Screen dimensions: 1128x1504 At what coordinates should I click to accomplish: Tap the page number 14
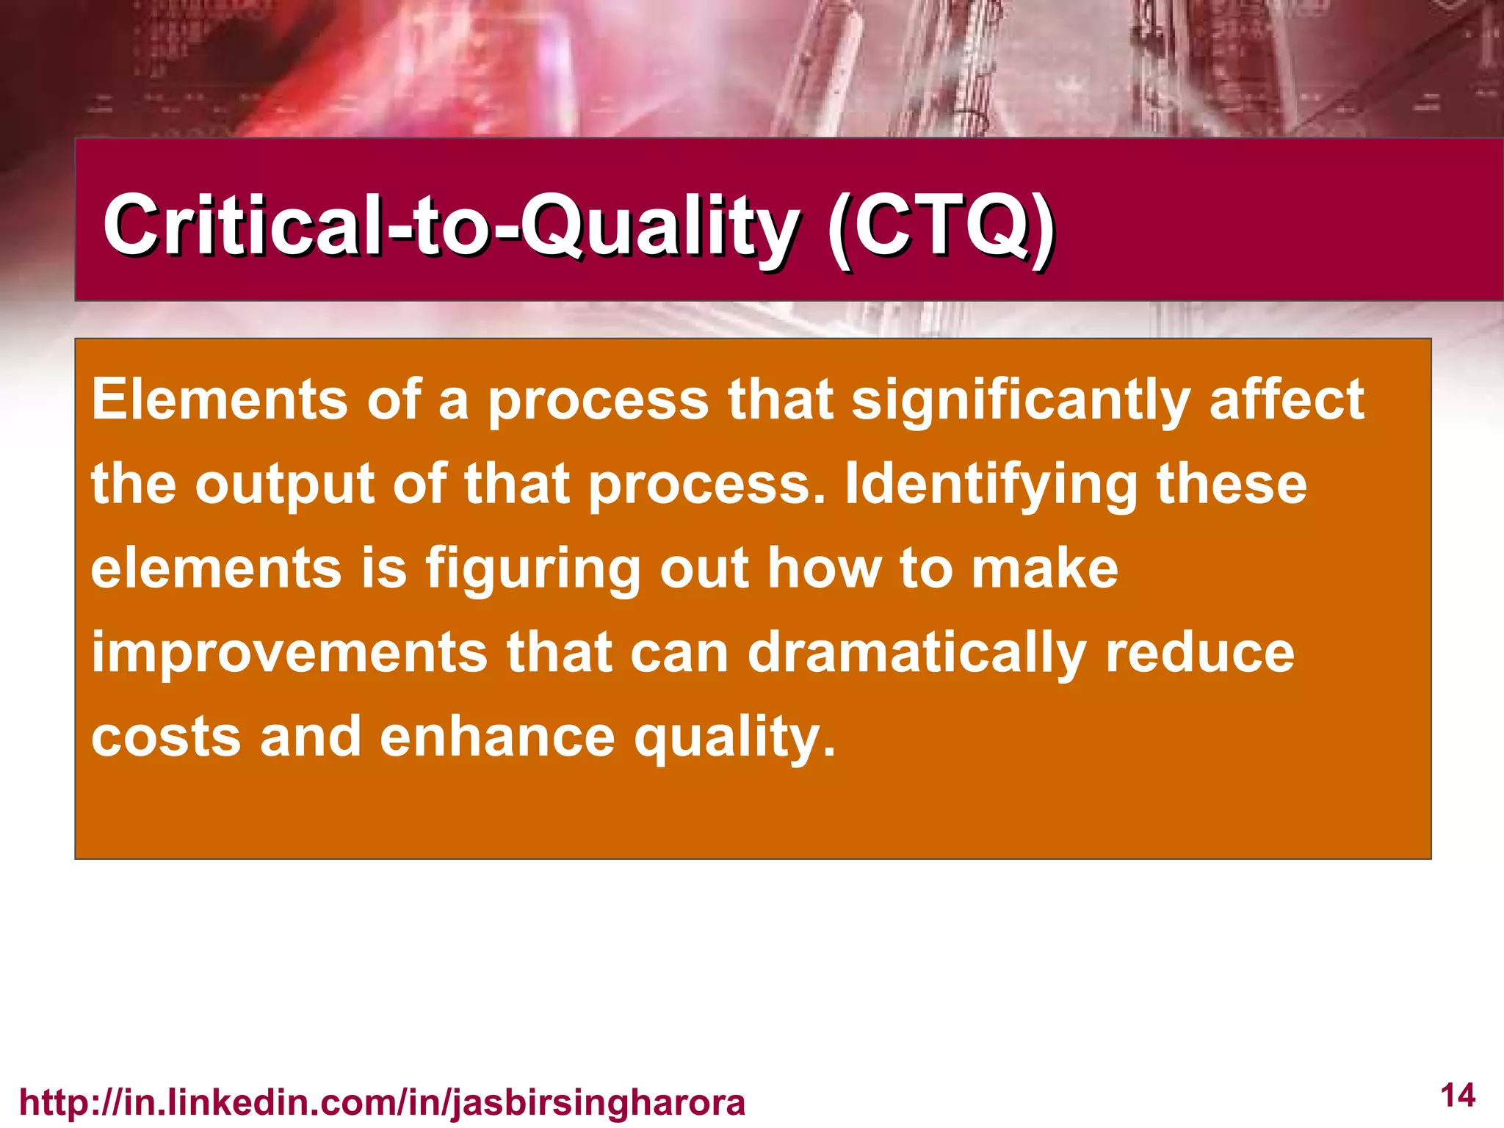tap(1458, 1096)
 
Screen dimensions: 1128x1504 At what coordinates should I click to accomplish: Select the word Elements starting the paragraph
tap(220, 399)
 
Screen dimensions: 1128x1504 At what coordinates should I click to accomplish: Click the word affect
tap(1287, 399)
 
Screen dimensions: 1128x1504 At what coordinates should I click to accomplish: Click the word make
tap(1044, 568)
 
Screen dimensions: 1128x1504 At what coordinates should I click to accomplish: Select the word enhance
tap(497, 737)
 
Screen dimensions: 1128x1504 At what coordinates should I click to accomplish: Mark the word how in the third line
tap(824, 568)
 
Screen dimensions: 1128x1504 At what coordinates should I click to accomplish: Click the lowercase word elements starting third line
tap(217, 568)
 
